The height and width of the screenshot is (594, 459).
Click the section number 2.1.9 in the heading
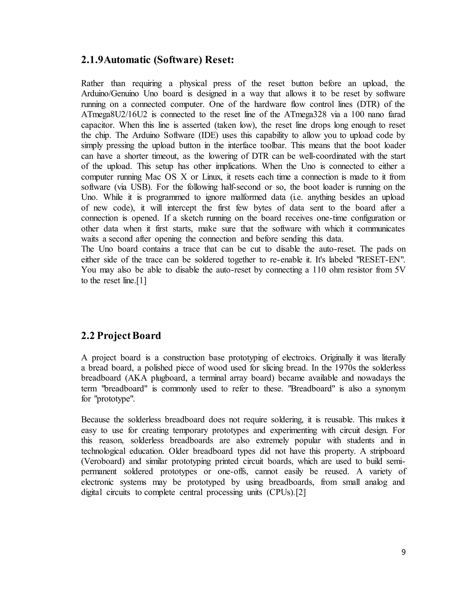pos(92,60)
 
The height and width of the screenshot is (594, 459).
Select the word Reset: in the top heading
pos(219,60)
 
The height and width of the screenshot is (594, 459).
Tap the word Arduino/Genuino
pos(110,94)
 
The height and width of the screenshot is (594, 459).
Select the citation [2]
pos(301,492)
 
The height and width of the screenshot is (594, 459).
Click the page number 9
pos(403,552)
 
